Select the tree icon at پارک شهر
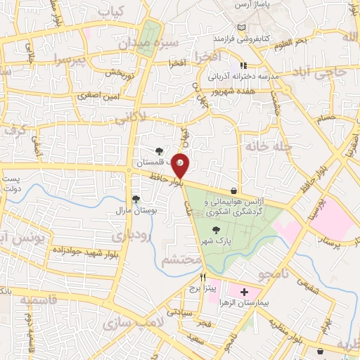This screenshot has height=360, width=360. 216,229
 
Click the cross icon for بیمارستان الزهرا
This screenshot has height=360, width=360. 244,292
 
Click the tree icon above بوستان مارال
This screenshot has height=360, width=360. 136,198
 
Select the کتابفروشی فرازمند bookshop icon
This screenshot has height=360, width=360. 243,27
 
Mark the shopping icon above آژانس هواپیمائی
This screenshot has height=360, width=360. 233,190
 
